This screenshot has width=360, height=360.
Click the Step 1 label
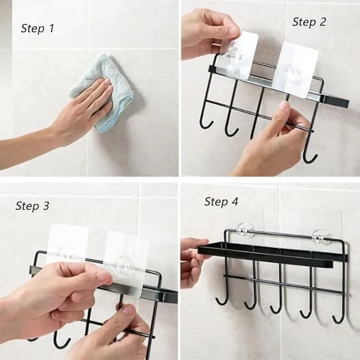38,29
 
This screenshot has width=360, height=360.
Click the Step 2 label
309,22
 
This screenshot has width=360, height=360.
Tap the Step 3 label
32,206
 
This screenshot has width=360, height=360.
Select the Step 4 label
221,201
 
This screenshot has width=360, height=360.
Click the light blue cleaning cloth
101,92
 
